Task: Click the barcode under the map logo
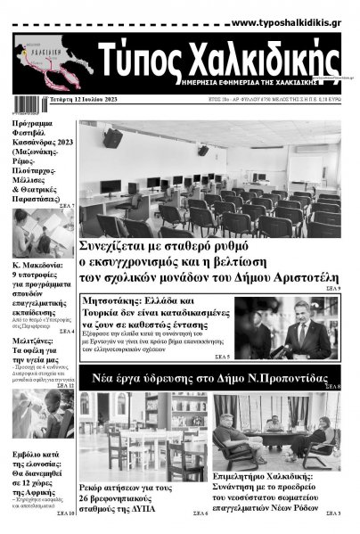16,101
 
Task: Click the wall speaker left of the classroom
112,138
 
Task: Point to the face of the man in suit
302,314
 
